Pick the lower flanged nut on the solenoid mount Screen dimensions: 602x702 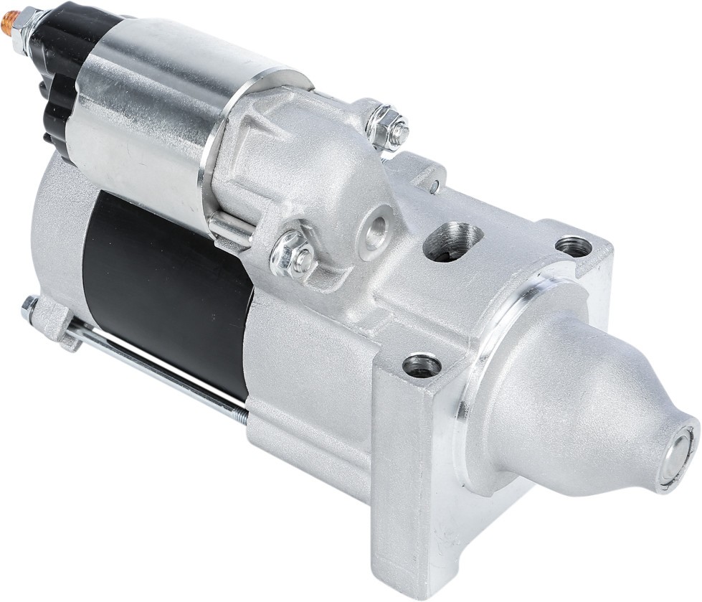click(x=295, y=254)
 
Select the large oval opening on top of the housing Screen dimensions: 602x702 click(x=452, y=241)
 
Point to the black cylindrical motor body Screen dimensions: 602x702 click(x=165, y=287)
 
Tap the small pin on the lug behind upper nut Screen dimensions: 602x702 click(x=435, y=187)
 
